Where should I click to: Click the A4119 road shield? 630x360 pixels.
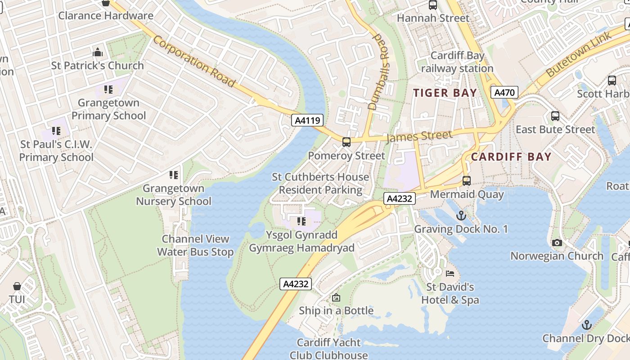pyautogui.click(x=307, y=120)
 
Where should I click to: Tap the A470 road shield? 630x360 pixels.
pyautogui.click(x=504, y=93)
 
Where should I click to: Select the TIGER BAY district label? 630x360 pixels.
pyautogui.click(x=445, y=93)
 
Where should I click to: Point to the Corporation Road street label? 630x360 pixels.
pyautogui.click(x=194, y=61)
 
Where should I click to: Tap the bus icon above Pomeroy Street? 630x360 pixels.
pyautogui.click(x=346, y=142)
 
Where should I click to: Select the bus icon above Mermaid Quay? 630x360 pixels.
pyautogui.click(x=467, y=181)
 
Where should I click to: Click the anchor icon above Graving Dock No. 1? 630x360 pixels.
pyautogui.click(x=461, y=216)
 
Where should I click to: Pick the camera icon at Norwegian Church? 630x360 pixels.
pyautogui.click(x=557, y=243)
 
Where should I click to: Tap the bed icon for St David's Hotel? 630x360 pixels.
pyautogui.click(x=450, y=274)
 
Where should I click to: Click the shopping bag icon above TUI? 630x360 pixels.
pyautogui.click(x=17, y=286)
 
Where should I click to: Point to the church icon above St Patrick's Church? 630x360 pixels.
pyautogui.click(x=98, y=53)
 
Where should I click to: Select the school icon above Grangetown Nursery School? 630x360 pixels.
pyautogui.click(x=174, y=175)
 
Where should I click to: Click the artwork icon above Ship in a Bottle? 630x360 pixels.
pyautogui.click(x=336, y=297)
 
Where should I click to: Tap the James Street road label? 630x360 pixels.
pyautogui.click(x=419, y=136)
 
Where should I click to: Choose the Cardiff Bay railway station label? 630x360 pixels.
pyautogui.click(x=457, y=62)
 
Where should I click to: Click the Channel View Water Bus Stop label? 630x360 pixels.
pyautogui.click(x=195, y=245)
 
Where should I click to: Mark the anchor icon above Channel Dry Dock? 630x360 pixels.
pyautogui.click(x=586, y=325)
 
